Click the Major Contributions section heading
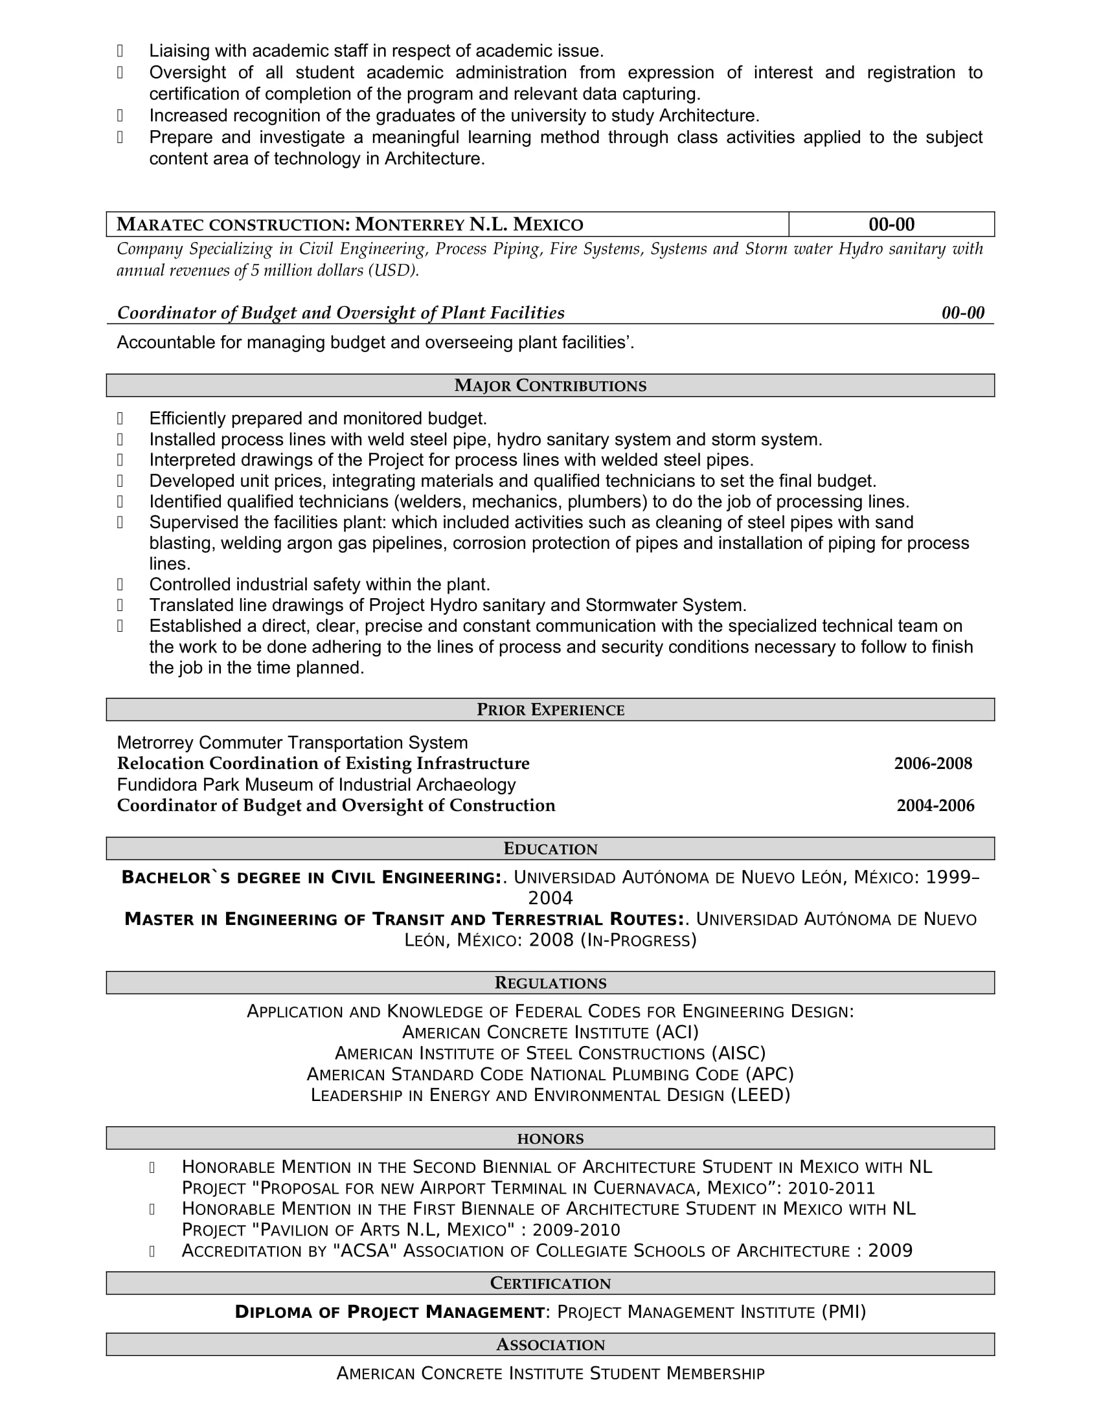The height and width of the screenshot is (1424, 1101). click(550, 385)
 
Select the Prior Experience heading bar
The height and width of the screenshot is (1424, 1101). click(550, 709)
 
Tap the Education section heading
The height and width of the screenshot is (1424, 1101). click(550, 849)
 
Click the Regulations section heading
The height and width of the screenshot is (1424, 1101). click(550, 983)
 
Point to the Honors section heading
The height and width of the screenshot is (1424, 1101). click(550, 1139)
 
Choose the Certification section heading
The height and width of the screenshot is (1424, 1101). click(550, 1283)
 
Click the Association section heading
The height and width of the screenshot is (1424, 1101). click(550, 1344)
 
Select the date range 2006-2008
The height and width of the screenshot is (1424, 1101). click(933, 764)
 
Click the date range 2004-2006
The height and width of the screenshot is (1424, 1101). click(935, 805)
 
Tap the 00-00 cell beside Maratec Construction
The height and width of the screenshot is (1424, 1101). click(891, 225)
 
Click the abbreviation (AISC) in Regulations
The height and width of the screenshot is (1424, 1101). click(738, 1053)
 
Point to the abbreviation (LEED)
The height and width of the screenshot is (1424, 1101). click(760, 1095)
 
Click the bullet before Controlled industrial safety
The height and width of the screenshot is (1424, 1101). click(120, 584)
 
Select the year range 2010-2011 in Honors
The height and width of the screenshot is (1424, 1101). click(832, 1188)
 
